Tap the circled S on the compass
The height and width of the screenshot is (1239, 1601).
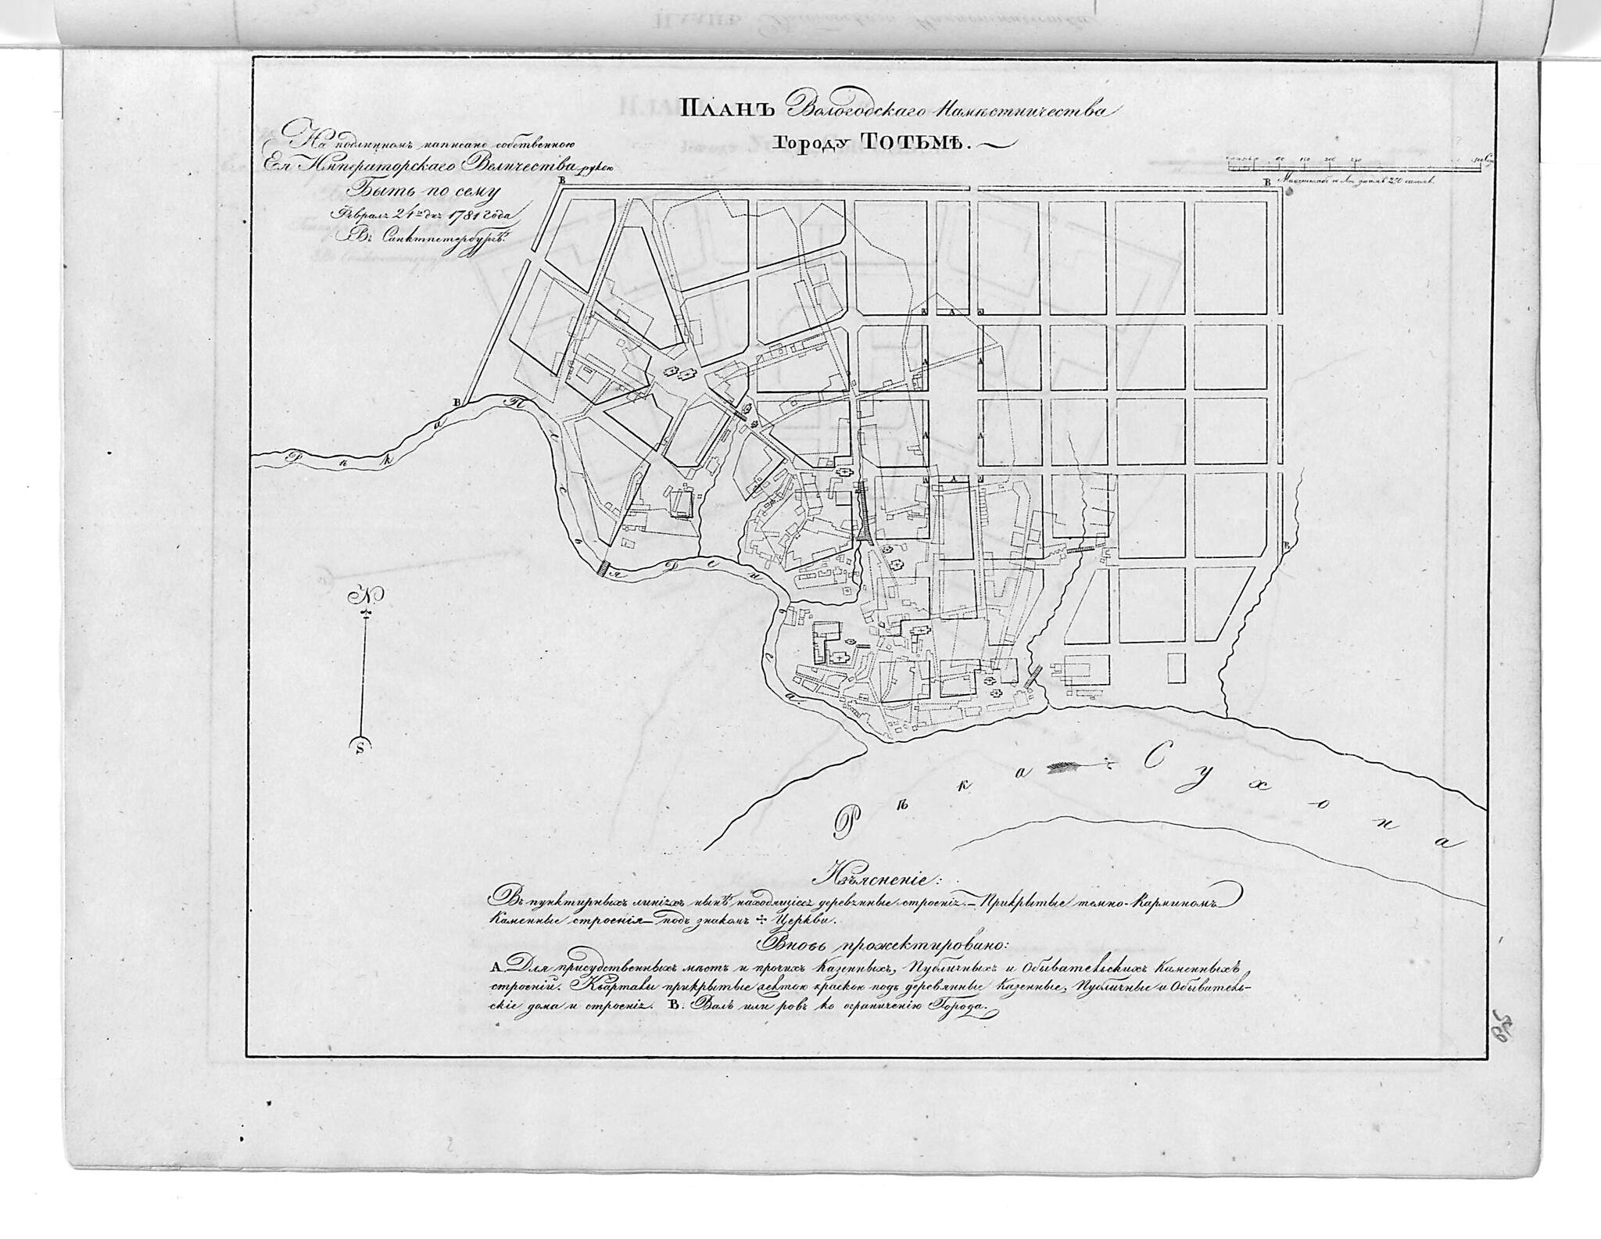click(x=359, y=745)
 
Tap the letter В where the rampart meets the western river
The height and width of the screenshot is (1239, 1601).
click(x=459, y=402)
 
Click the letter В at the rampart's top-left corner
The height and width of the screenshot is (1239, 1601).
click(x=561, y=181)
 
